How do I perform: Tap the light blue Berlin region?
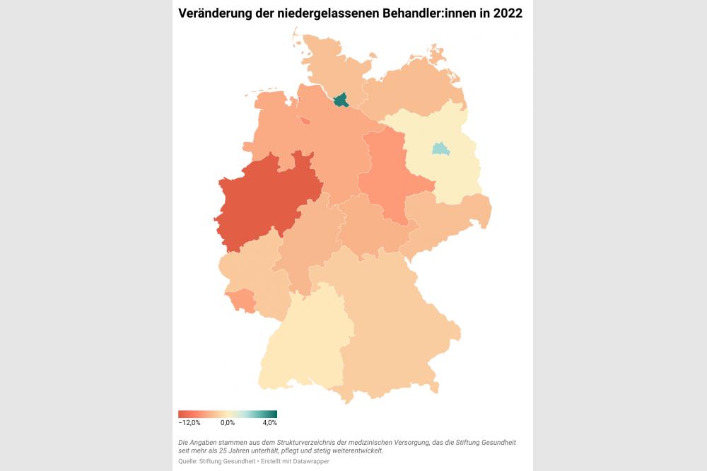coord(440,149)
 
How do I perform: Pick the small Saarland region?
coord(243,300)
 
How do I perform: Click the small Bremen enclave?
coord(305,120)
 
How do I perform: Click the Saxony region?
coord(445,219)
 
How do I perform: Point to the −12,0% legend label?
coord(189,423)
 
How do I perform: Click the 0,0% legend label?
coord(227,423)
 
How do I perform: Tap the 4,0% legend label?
coord(269,423)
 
